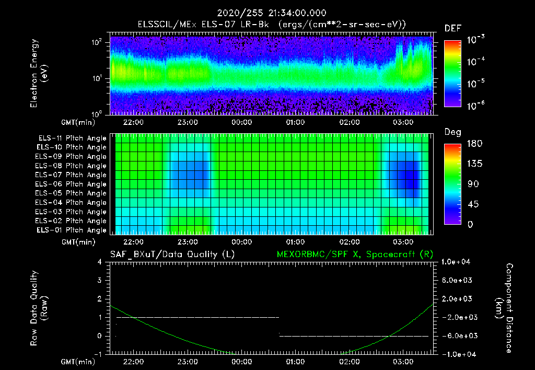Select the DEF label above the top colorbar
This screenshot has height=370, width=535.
tap(452, 28)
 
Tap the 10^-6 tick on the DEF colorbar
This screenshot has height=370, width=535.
tap(477, 105)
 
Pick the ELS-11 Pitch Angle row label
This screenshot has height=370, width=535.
tap(71, 138)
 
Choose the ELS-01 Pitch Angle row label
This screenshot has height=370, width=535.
tap(71, 230)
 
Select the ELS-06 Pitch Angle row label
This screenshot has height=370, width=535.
tap(71, 184)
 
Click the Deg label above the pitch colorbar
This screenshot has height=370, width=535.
tap(452, 132)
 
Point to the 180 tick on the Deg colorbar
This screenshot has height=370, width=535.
tap(474, 144)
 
